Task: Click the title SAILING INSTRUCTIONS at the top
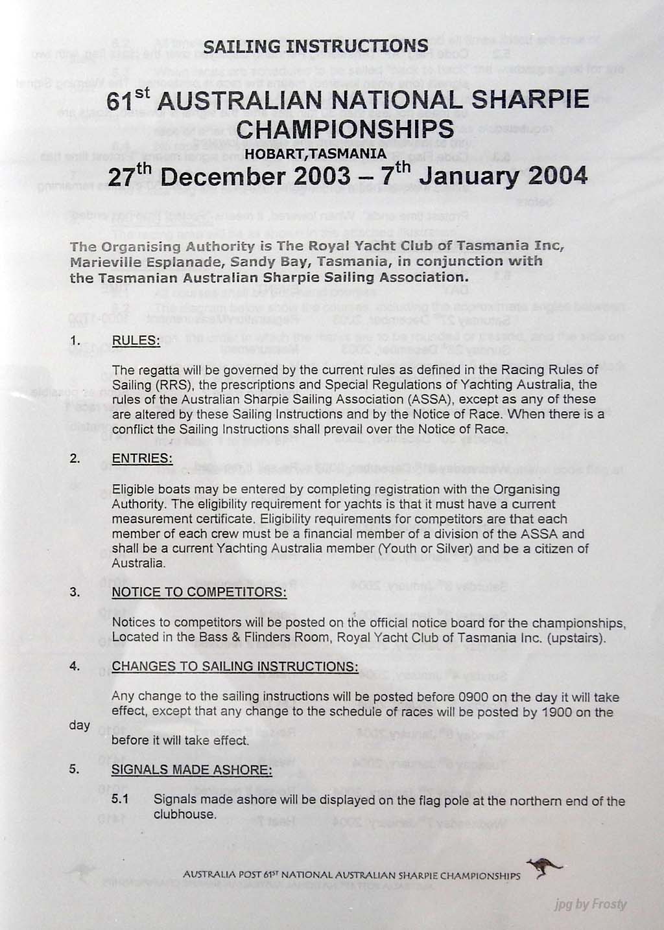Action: (x=316, y=46)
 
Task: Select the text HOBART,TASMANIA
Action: (x=315, y=154)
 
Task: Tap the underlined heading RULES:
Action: (x=136, y=341)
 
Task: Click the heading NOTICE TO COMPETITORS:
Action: (x=199, y=592)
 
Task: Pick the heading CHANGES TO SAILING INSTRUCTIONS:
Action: (x=235, y=667)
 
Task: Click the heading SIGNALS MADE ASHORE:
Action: (x=192, y=770)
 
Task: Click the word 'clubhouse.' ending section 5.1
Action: (x=184, y=815)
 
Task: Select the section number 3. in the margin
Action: (x=75, y=592)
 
